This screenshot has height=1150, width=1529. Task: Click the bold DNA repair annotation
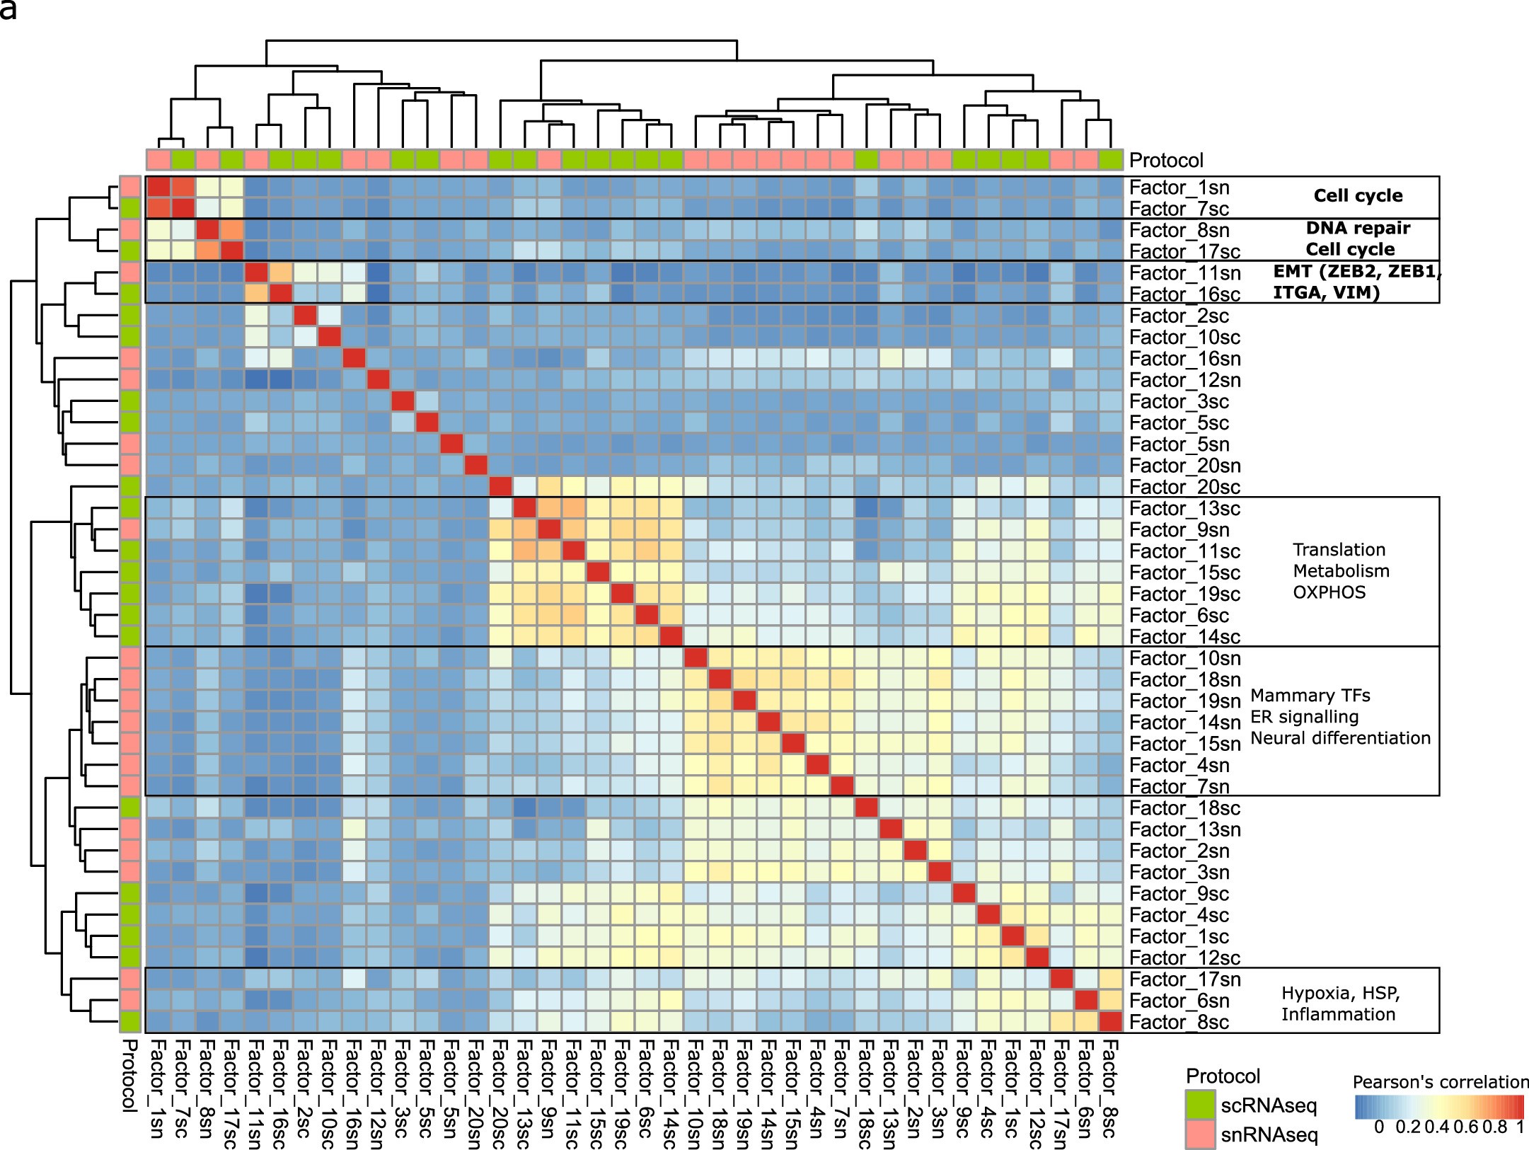coord(1358,228)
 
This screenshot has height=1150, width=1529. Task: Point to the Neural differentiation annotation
coord(1340,738)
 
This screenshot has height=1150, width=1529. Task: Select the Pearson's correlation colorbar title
coord(1440,1082)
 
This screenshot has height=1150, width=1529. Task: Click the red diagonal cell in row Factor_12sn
coord(378,380)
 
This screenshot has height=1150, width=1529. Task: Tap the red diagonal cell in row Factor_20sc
coord(500,487)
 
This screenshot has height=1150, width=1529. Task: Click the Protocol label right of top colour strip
coord(1166,161)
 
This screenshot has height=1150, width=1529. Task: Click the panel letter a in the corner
coord(7,10)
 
